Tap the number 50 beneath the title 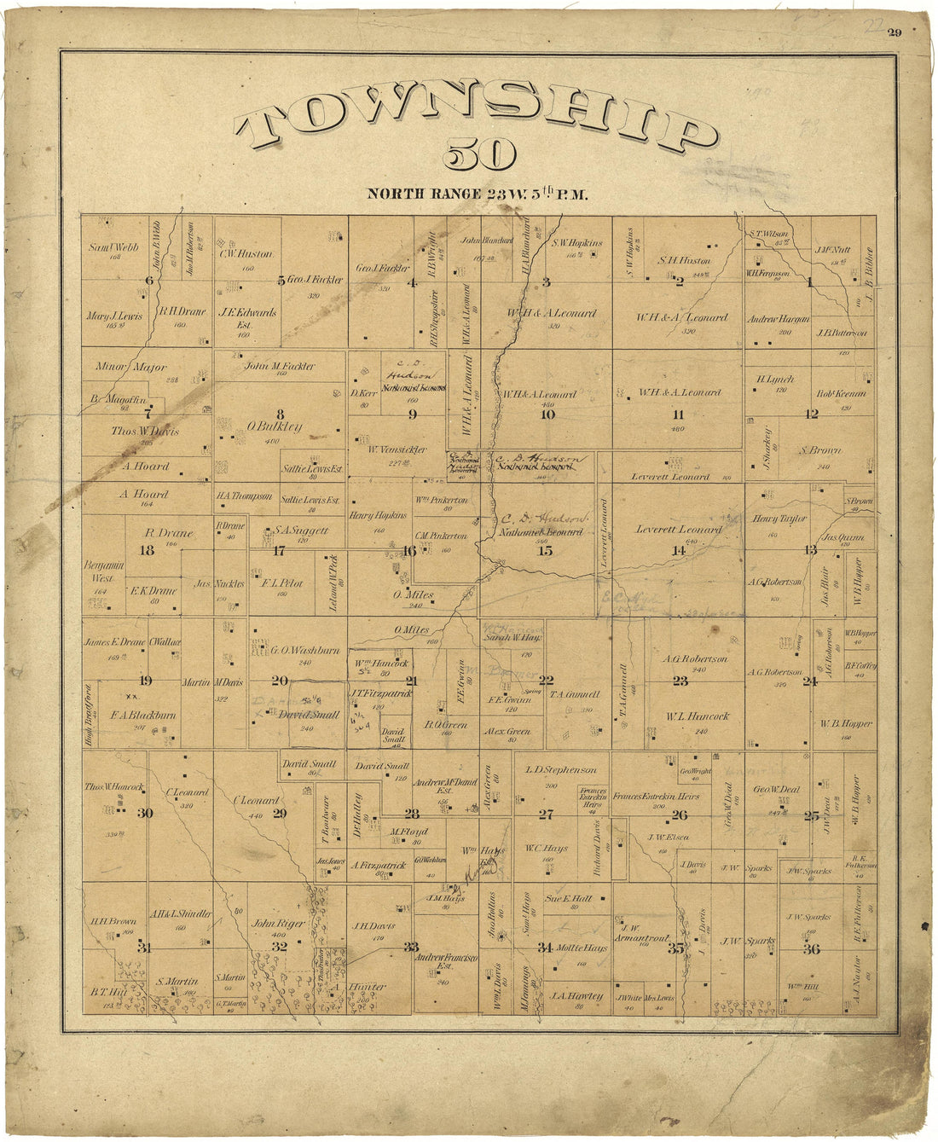point(479,156)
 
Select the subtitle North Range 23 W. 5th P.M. point(478,194)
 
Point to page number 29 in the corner point(895,33)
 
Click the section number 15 point(545,551)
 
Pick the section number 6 point(148,281)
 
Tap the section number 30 point(145,814)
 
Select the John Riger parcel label point(278,923)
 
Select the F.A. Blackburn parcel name point(143,715)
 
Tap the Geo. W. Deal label point(776,790)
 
